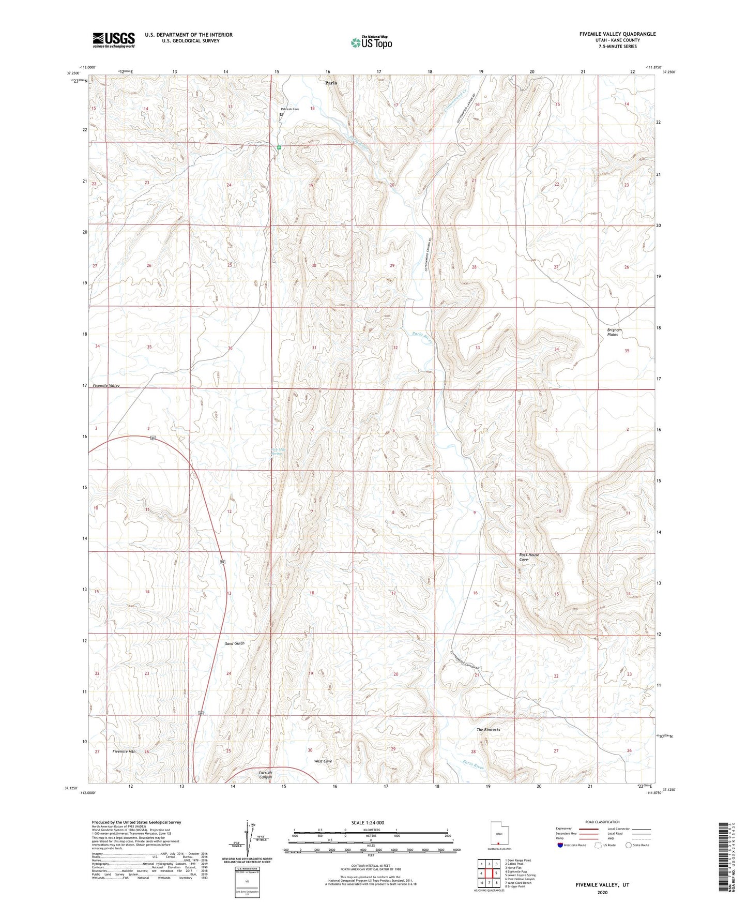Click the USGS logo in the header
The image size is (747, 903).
point(113,40)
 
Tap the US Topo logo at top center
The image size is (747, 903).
point(371,42)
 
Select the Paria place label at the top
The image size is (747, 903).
point(331,83)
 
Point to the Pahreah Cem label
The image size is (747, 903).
point(289,109)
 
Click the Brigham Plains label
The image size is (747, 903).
point(614,332)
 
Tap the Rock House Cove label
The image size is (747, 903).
point(529,557)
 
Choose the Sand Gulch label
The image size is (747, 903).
point(234,643)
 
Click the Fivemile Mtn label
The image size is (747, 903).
point(124,751)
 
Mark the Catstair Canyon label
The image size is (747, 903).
point(265,775)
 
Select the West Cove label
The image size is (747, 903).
point(323,761)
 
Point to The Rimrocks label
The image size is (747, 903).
point(488,730)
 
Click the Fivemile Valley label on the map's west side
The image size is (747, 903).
point(106,386)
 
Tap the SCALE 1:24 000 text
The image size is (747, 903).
point(367,822)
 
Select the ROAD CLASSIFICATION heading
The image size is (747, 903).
point(602,822)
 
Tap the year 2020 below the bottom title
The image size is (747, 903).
point(602,892)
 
